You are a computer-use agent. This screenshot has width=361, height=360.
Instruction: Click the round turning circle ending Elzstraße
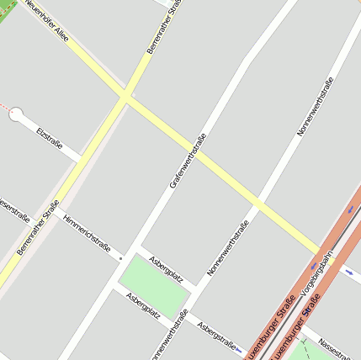pyautogui.click(x=17, y=114)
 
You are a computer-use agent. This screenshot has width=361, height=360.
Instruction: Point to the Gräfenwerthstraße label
pyautogui.click(x=188, y=160)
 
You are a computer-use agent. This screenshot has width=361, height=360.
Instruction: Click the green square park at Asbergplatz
pyautogui.click(x=153, y=288)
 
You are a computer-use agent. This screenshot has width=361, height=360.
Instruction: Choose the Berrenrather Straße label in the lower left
pyautogui.click(x=38, y=228)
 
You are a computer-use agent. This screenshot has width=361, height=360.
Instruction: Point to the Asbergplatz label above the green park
pyautogui.click(x=166, y=268)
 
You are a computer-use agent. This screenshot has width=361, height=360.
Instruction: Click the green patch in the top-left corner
pyautogui.click(x=5, y=9)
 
